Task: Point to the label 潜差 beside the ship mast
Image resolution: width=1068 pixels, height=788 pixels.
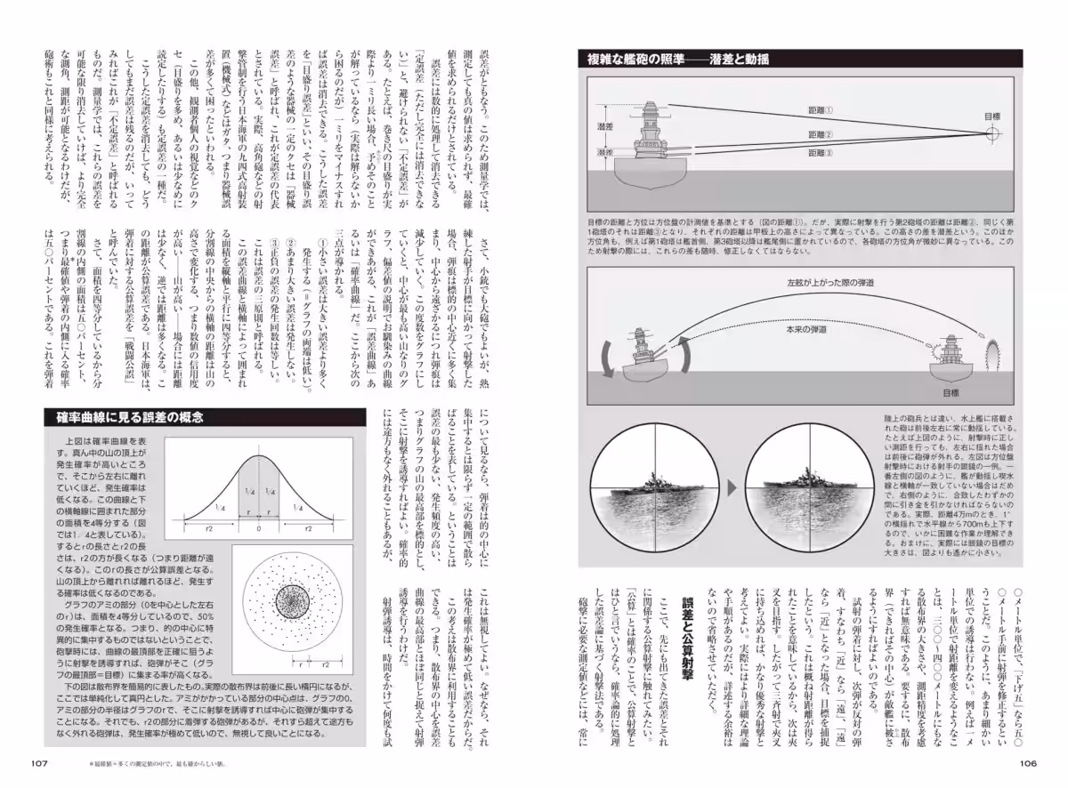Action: click(604, 128)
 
